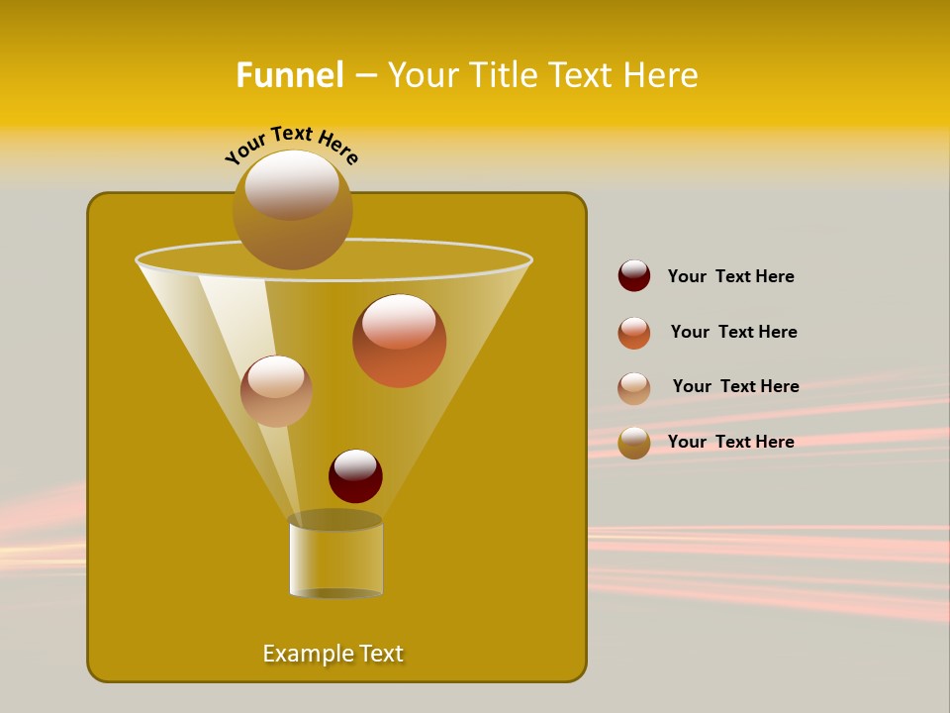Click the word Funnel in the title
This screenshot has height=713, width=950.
(x=289, y=75)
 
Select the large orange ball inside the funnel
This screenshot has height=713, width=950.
(x=399, y=342)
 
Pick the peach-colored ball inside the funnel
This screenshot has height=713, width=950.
(x=276, y=391)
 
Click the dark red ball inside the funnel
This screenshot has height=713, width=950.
(x=355, y=476)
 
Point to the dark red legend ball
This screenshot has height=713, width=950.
(x=634, y=275)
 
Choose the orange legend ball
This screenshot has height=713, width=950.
(x=634, y=333)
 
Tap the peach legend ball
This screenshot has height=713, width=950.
(x=634, y=388)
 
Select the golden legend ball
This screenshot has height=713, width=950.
(x=634, y=443)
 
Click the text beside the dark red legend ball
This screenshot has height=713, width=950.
(x=730, y=276)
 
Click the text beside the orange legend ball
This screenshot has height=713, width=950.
(x=733, y=332)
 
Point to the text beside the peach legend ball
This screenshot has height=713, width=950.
(x=735, y=386)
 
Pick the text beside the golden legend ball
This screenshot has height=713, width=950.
(x=730, y=442)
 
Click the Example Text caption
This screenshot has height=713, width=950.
(x=333, y=654)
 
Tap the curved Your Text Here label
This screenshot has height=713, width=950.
(x=291, y=143)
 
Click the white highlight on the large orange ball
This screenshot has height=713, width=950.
(x=399, y=321)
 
